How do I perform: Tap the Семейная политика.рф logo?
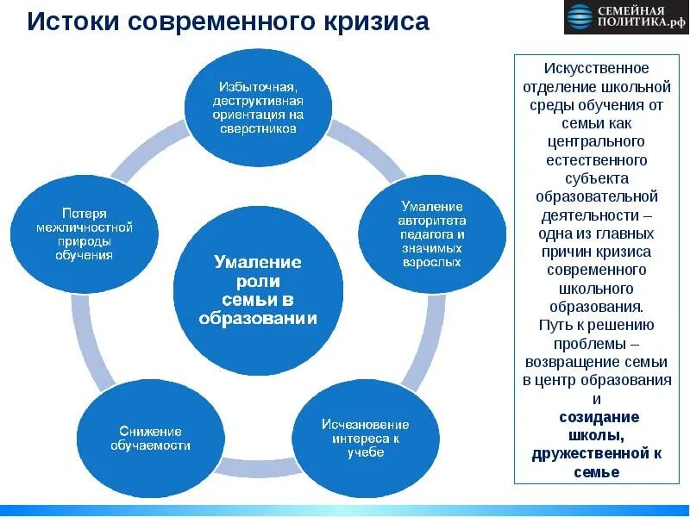(627, 17)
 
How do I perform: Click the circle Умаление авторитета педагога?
(432, 234)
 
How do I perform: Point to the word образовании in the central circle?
(258, 318)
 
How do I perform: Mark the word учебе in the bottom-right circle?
(366, 452)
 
